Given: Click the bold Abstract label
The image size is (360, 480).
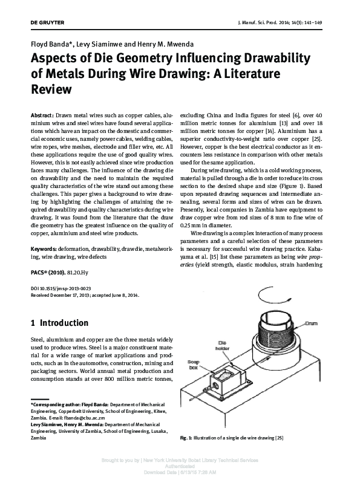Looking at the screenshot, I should [x=42, y=115].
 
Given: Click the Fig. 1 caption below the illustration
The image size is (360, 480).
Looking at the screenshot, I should [x=232, y=437].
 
